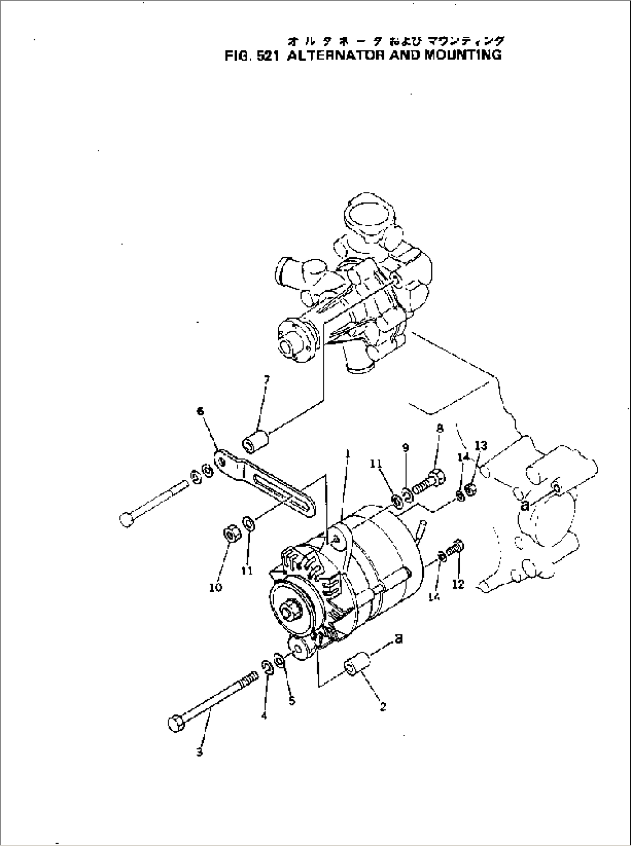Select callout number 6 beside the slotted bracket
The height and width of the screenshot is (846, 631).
(x=200, y=411)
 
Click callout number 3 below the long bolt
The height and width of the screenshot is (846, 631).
(x=199, y=753)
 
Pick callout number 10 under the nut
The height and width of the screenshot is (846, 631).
(x=215, y=588)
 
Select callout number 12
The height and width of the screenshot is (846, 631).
(x=458, y=585)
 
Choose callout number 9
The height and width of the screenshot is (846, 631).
(x=405, y=448)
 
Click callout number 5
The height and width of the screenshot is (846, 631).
(x=291, y=701)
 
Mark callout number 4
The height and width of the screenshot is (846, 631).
(x=263, y=715)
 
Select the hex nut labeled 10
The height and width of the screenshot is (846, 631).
(x=233, y=534)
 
